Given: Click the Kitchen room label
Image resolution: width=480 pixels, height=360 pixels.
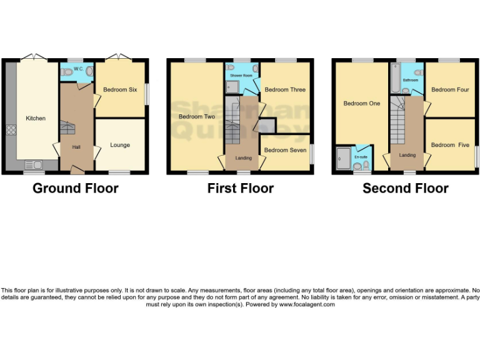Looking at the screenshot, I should click(x=35, y=118).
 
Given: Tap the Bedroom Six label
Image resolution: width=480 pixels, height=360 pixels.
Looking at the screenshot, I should click(x=119, y=90).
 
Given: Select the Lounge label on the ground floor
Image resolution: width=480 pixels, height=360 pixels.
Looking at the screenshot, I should click(x=120, y=145).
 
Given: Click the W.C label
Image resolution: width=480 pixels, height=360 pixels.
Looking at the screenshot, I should click(x=78, y=69).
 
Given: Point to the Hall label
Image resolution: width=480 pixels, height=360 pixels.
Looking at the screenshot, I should click(x=76, y=147).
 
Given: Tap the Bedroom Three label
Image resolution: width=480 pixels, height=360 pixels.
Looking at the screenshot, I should click(x=285, y=90).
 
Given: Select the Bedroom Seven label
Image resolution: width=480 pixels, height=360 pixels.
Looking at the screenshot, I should click(x=285, y=151).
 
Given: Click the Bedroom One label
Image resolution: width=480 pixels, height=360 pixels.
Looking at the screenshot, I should click(x=361, y=104).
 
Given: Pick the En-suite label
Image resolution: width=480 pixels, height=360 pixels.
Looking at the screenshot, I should click(x=361, y=157).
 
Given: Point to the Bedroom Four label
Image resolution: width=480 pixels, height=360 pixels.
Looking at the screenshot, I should click(x=450, y=90).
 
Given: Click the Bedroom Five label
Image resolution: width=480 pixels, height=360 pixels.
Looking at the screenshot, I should click(x=450, y=145).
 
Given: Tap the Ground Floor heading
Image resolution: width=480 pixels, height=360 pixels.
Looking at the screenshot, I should click(x=75, y=188).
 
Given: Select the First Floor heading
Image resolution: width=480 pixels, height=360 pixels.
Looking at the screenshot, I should click(x=241, y=188).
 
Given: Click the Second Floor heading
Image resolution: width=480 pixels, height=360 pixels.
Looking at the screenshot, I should click(x=406, y=188).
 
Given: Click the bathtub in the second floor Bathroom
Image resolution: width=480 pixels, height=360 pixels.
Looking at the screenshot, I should click(x=396, y=78).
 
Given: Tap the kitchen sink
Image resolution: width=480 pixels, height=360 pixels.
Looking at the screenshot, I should click(x=35, y=166).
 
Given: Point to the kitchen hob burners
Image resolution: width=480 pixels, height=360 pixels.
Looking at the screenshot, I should click(x=11, y=131).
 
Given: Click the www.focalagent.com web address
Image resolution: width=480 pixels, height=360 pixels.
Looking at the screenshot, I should click(x=307, y=304).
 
